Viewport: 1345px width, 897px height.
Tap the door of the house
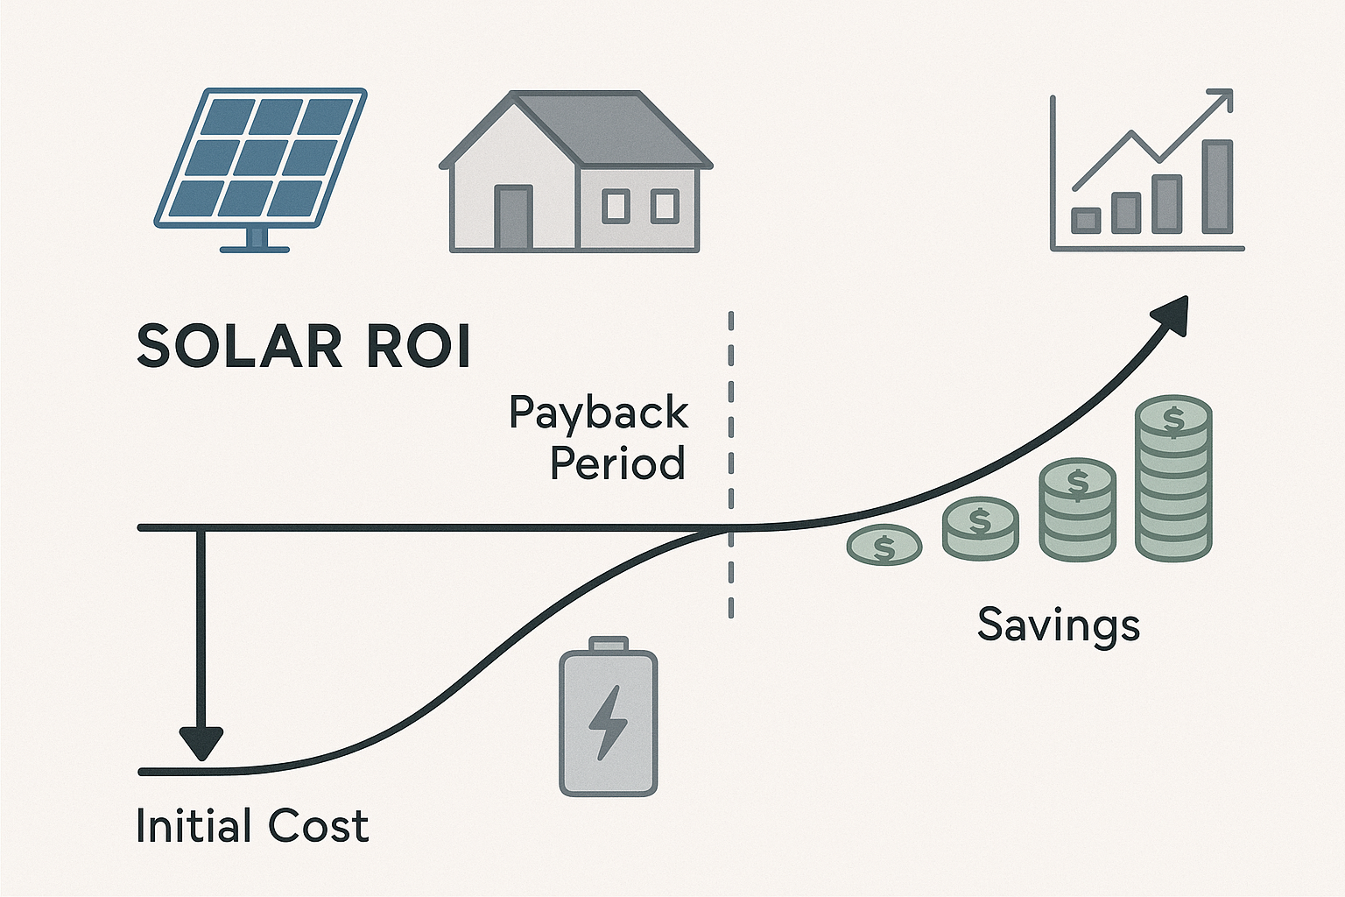[514, 217]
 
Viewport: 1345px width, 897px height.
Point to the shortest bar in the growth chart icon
[1086, 221]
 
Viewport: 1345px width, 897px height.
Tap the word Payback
[599, 413]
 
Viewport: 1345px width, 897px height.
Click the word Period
[617, 463]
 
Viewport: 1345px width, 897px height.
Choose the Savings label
[1058, 625]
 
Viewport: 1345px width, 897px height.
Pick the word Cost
[318, 826]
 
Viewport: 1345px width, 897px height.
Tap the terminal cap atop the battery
[608, 645]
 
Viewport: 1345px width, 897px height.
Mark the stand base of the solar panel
[255, 249]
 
